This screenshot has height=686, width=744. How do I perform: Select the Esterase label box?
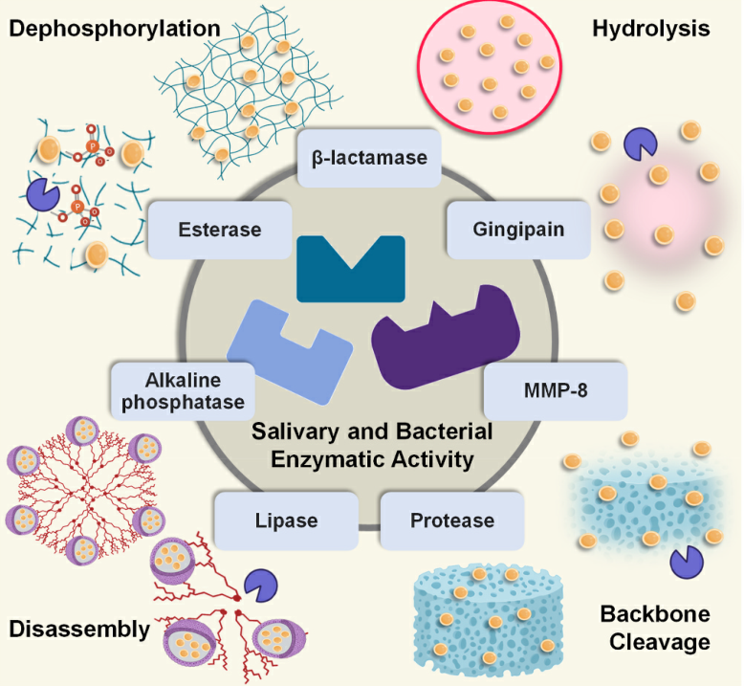click(x=220, y=230)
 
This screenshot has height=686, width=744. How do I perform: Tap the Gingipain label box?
click(x=518, y=230)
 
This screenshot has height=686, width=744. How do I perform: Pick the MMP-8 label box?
click(x=555, y=391)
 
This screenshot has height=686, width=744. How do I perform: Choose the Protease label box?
click(x=452, y=521)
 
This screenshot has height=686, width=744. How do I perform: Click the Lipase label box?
click(x=286, y=521)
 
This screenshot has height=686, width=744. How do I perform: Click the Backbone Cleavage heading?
click(x=655, y=628)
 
